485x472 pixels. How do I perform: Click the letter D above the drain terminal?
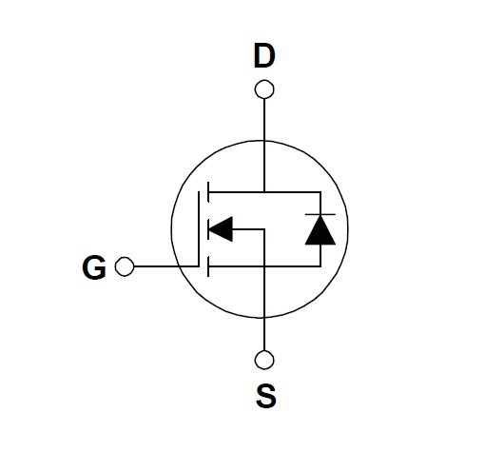[x=264, y=56]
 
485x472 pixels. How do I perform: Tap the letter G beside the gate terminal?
[x=94, y=267]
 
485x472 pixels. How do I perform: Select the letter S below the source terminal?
[x=266, y=396]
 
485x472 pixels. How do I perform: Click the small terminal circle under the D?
[x=264, y=89]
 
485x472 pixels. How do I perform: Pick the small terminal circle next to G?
[x=125, y=266]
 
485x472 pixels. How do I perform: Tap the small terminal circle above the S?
[x=264, y=360]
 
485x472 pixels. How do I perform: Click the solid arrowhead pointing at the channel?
[x=221, y=229]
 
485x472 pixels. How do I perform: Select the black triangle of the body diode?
[x=320, y=230]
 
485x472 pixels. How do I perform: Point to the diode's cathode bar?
[x=320, y=214]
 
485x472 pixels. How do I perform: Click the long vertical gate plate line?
[x=199, y=228]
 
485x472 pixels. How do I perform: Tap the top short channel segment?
[x=208, y=192]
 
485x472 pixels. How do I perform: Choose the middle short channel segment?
[x=208, y=229]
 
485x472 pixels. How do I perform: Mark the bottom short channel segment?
[x=208, y=266]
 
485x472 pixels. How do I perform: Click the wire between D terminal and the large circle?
[x=264, y=120]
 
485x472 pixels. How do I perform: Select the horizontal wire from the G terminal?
[x=166, y=266]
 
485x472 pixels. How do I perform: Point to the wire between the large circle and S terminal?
[x=264, y=334]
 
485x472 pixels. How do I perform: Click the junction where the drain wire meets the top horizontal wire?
[x=264, y=192]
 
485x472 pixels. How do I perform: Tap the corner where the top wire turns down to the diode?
[x=320, y=192]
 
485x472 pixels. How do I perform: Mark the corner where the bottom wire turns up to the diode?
[x=320, y=266]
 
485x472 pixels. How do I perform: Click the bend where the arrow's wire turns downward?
[x=264, y=229]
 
